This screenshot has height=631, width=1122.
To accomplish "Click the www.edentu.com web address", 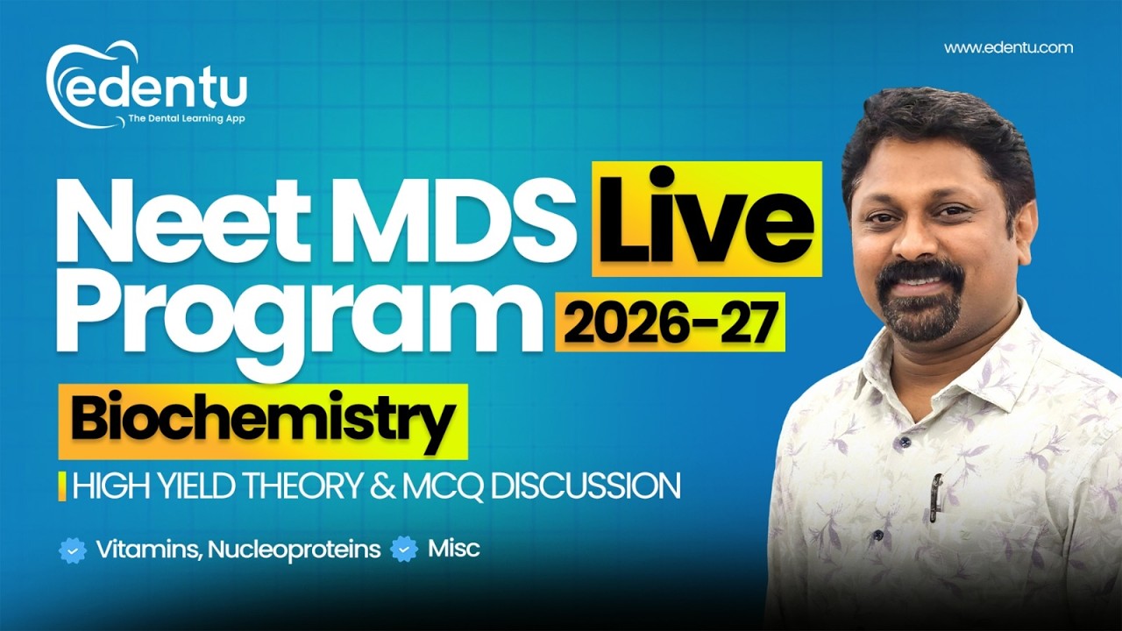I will (1008, 48).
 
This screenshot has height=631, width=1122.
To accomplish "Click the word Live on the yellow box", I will (706, 220).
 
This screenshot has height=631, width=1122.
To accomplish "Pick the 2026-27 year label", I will (670, 323).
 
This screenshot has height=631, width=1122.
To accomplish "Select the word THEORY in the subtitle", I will (308, 486).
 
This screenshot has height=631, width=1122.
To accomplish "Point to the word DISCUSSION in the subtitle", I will (585, 486).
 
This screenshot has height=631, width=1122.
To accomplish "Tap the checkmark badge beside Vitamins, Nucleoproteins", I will (73, 550).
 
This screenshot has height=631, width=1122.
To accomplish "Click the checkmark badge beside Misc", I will (404, 549).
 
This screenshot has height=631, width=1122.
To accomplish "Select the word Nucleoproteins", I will (294, 550).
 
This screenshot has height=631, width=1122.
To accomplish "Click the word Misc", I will (453, 549).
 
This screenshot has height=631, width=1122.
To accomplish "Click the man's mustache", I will (920, 276).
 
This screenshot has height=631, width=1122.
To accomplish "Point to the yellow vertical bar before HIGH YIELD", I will (62, 486).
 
